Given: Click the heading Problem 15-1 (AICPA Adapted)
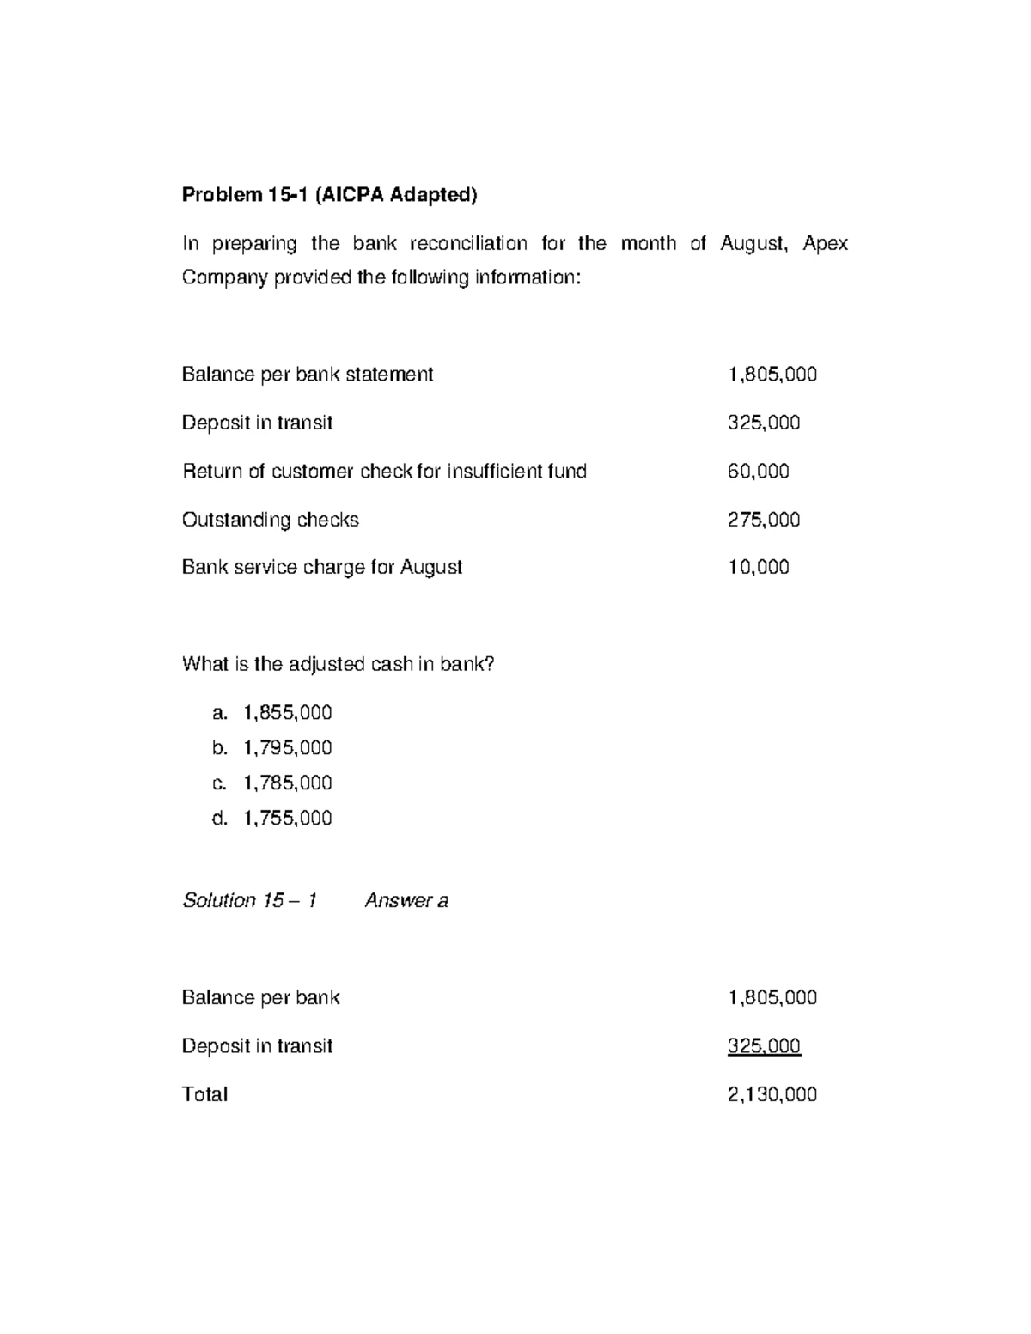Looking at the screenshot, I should pyautogui.click(x=328, y=195).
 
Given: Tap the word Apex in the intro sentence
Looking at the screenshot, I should pyautogui.click(x=825, y=244).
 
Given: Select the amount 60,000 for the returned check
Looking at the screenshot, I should pyautogui.click(x=758, y=471).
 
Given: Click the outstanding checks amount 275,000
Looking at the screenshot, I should pyautogui.click(x=763, y=520).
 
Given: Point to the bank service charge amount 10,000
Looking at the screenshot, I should pyautogui.click(x=758, y=567).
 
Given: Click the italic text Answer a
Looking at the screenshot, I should pyautogui.click(x=406, y=900).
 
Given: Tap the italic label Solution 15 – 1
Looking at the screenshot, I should pyautogui.click(x=249, y=900).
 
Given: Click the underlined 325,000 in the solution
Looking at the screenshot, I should pyautogui.click(x=763, y=1046).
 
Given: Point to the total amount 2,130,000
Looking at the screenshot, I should pyautogui.click(x=772, y=1094).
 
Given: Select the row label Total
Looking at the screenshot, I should pyautogui.click(x=204, y=1094).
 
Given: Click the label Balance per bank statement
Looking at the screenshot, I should pyautogui.click(x=307, y=375).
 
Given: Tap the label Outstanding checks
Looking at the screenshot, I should pyautogui.click(x=270, y=520).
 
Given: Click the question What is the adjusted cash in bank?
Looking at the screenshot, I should pyautogui.click(x=339, y=664).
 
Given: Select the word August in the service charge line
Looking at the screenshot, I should pyautogui.click(x=431, y=567).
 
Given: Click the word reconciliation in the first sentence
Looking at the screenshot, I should pyautogui.click(x=468, y=244).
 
